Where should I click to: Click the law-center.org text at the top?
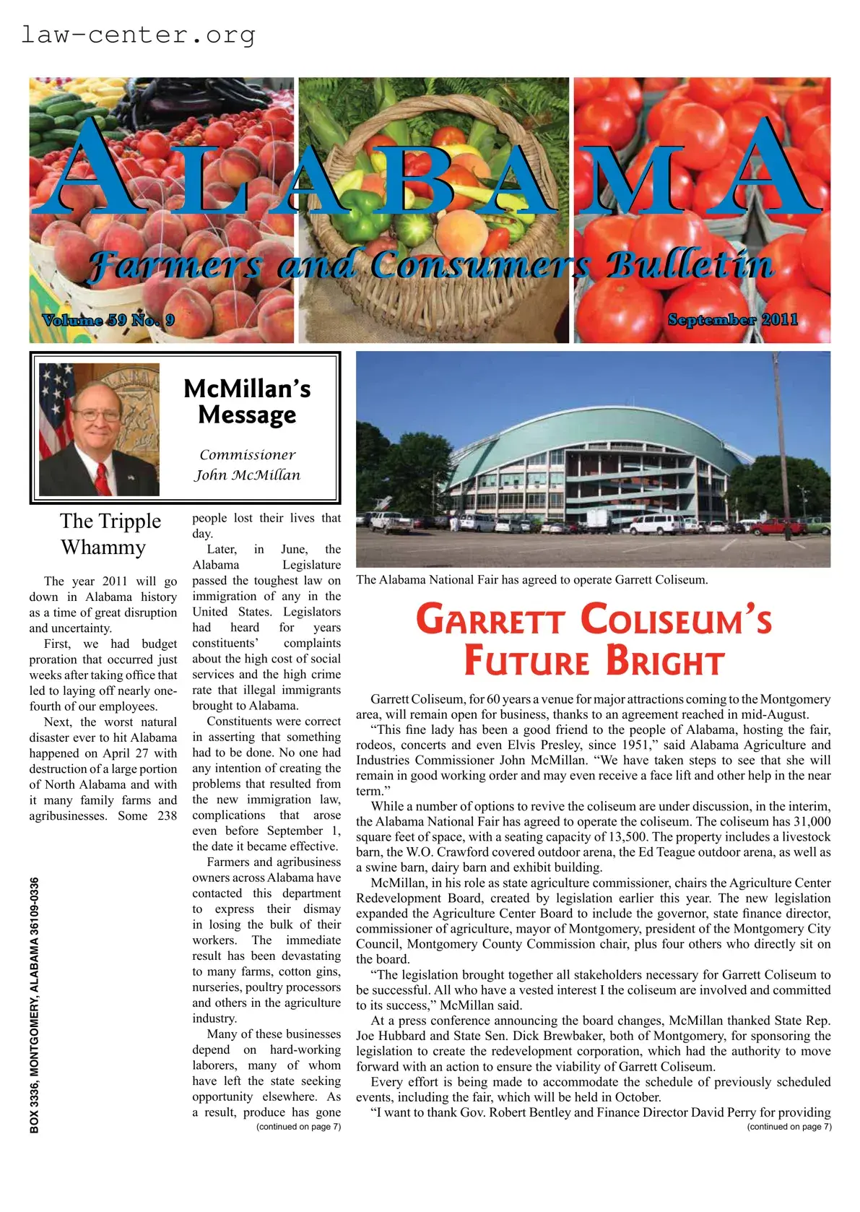pyautogui.click(x=138, y=34)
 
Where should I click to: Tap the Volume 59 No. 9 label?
pyautogui.click(x=108, y=319)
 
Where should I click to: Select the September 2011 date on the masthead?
pyautogui.click(x=732, y=319)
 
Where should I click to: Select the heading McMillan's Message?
pyautogui.click(x=247, y=402)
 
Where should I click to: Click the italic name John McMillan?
pyautogui.click(x=247, y=475)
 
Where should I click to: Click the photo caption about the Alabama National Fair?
pyautogui.click(x=531, y=579)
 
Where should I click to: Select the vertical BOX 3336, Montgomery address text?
pyautogui.click(x=35, y=1004)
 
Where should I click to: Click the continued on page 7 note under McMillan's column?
pyautogui.click(x=298, y=1126)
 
